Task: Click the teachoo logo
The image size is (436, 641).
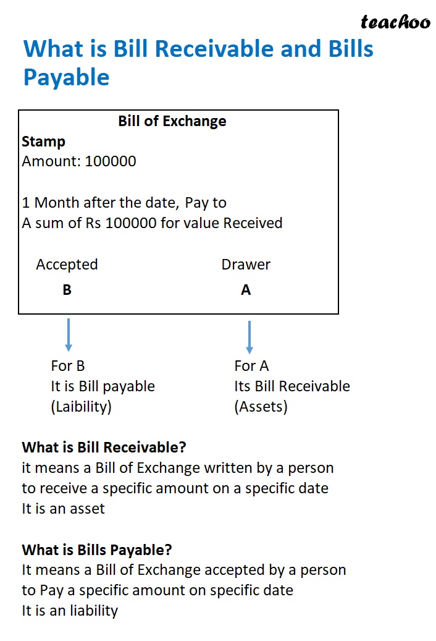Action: click(x=395, y=23)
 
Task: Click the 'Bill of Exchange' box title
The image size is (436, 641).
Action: click(x=172, y=121)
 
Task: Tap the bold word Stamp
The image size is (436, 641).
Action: click(x=43, y=142)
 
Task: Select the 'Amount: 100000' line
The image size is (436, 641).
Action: click(x=79, y=161)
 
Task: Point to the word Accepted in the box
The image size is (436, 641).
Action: click(x=67, y=265)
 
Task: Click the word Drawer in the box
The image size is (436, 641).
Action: click(x=246, y=265)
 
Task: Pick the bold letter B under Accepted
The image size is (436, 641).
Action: click(x=67, y=290)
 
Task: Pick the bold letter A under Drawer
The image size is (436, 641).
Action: click(x=246, y=290)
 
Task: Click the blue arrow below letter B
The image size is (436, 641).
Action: click(x=68, y=334)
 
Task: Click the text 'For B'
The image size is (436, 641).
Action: click(x=67, y=366)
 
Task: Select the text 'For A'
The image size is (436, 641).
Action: click(x=251, y=366)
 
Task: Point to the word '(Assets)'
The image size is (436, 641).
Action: click(x=261, y=407)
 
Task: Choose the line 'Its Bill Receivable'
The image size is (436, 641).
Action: click(x=291, y=386)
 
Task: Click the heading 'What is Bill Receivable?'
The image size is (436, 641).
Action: click(x=104, y=447)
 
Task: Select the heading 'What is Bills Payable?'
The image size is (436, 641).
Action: click(x=97, y=550)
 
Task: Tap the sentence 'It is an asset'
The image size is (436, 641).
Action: click(x=64, y=508)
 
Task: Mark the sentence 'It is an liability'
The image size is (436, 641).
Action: click(x=70, y=611)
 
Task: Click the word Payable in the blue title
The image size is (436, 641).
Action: click(x=66, y=77)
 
